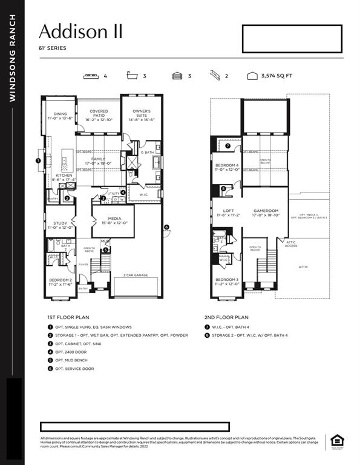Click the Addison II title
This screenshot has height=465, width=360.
(x=80, y=32)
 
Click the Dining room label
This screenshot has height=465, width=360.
(x=60, y=116)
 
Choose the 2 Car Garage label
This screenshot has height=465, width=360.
(x=136, y=274)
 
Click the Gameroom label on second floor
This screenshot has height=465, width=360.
(x=266, y=213)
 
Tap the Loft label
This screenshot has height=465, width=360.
(x=228, y=213)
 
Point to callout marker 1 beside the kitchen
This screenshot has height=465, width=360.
(x=38, y=161)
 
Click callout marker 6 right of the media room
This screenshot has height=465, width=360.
(x=167, y=228)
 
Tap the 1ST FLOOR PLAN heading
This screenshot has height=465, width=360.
(x=68, y=317)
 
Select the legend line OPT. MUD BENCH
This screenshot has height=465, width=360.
(x=73, y=360)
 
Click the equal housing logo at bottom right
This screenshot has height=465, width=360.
(x=335, y=443)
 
